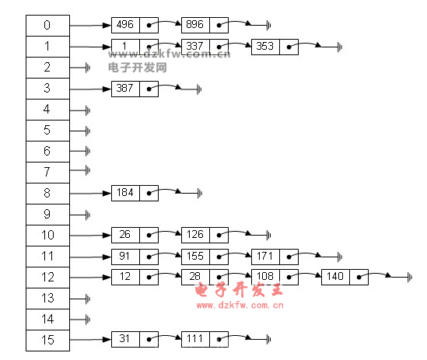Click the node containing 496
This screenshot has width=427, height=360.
coord(135,26)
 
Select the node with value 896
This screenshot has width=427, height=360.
coord(205,26)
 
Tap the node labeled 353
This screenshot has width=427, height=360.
coord(275,47)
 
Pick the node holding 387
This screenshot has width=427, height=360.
coord(135,89)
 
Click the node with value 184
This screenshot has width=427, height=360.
coord(135,193)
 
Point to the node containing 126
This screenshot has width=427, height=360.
coord(205,235)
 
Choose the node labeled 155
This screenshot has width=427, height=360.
coord(205,257)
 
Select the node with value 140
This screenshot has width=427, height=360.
coord(345,278)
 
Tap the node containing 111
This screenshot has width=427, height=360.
coord(205,339)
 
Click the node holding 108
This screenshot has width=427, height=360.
coord(275,278)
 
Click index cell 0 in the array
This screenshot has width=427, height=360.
coord(47,26)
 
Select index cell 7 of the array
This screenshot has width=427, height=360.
coord(47,173)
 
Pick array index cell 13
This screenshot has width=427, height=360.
coord(47,298)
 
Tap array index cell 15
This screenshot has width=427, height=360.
coord(47,341)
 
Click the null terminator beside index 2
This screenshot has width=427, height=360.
coord(88,68)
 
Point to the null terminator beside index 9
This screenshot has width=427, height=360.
coord(88,215)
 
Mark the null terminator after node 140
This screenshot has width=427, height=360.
coord(409,278)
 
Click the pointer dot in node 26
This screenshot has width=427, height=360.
coord(149,236)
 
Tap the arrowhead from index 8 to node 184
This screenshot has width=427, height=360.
coord(107,194)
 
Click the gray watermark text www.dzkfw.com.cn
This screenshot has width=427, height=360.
coord(169,54)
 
